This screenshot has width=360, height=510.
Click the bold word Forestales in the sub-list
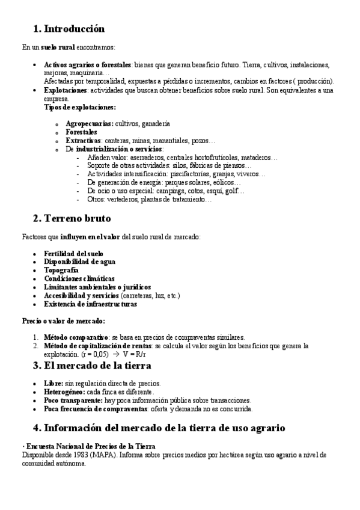pyautogui.click(x=81, y=132)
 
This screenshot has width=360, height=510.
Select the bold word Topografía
pyautogui.click(x=61, y=271)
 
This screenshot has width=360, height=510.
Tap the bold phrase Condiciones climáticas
pyautogui.click(x=79, y=279)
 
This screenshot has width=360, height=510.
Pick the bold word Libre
pyautogui.click(x=53, y=383)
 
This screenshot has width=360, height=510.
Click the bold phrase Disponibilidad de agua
pyautogui.click(x=80, y=262)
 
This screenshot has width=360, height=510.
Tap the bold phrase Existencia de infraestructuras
pyautogui.click(x=90, y=304)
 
